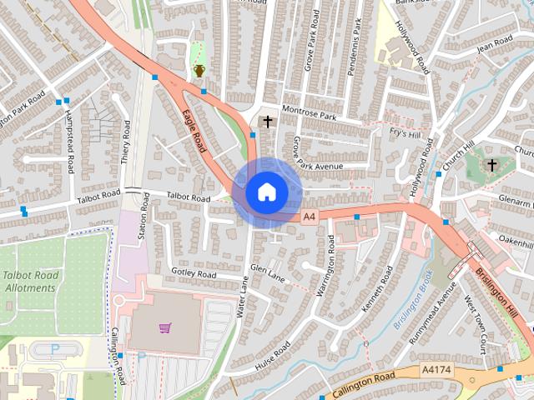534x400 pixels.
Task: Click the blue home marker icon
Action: [266, 192]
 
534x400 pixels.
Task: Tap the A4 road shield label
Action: [309, 217]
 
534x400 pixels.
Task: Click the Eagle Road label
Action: [194, 130]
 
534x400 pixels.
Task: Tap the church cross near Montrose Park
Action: [267, 122]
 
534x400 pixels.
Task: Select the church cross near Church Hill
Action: [491, 165]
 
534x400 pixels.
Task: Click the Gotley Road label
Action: [194, 273]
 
